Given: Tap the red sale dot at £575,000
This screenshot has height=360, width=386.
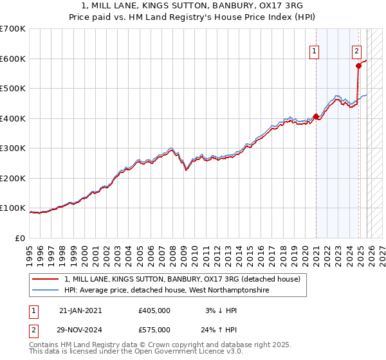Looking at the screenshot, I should click(358, 66).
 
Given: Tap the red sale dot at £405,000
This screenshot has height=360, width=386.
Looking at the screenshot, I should click(316, 117).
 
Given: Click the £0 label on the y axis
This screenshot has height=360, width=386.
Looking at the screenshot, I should click(21, 238).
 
